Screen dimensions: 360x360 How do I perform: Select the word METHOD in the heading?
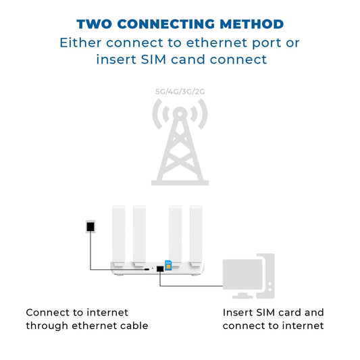pos(251,24)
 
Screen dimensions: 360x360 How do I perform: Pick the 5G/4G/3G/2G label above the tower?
pos(180,92)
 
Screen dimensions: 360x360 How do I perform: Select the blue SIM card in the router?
pos(168,265)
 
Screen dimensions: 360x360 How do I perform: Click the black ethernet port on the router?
pos(159,269)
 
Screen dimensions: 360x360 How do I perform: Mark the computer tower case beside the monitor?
pos(267,274)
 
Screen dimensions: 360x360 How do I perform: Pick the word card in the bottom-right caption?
pos(284,313)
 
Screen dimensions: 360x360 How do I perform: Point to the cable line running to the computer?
pos(192,285)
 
